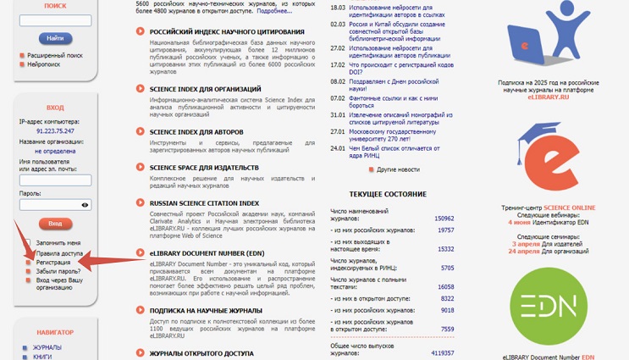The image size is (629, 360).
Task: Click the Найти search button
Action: pyautogui.click(x=55, y=38)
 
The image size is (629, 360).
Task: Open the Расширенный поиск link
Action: pyautogui.click(x=54, y=55)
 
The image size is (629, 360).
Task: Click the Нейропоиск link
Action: pyautogui.click(x=43, y=64)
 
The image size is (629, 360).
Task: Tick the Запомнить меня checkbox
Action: pyautogui.click(x=28, y=243)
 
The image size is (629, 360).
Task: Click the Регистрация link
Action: pyautogui.click(x=52, y=262)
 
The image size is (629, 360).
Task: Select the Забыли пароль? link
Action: pyautogui.click(x=58, y=271)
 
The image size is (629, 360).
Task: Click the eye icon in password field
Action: pyautogui.click(x=85, y=205)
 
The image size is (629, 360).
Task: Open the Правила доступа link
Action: pyautogui.click(x=59, y=252)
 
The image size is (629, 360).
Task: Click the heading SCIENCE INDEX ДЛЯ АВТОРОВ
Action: pyautogui.click(x=203, y=132)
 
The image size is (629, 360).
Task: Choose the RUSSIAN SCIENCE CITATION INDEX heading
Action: pyautogui.click(x=204, y=203)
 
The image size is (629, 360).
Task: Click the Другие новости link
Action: pyautogui.click(x=397, y=169)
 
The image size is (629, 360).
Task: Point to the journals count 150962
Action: pyautogui.click(x=444, y=219)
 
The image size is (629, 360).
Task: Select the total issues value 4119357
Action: pyautogui.click(x=442, y=353)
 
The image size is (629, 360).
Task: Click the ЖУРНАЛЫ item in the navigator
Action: pyautogui.click(x=47, y=347)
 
